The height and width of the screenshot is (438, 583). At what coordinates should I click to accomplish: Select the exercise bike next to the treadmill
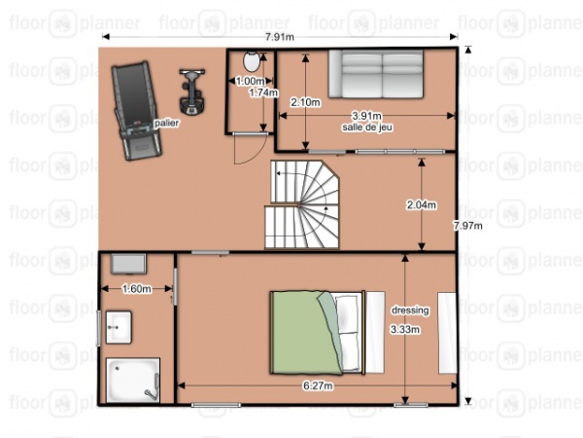tap(192, 91)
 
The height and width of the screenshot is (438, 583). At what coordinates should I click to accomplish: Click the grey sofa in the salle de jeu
tap(374, 74)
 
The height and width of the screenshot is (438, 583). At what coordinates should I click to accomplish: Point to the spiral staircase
tap(303, 204)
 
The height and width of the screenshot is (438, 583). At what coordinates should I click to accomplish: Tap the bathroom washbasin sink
tap(120, 327)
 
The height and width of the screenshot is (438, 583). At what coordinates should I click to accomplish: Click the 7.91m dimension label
tap(280, 37)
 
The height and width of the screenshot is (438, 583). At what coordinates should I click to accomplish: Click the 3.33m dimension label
tap(404, 329)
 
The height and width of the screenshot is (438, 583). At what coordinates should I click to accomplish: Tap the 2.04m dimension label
tap(421, 204)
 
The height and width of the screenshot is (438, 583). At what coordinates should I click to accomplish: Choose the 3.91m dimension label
tap(367, 116)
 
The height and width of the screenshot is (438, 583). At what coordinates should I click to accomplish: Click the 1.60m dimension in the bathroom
tap(137, 288)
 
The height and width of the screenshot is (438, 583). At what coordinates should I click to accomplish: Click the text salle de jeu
tap(366, 128)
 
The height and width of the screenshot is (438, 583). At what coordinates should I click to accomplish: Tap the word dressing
tap(409, 310)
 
